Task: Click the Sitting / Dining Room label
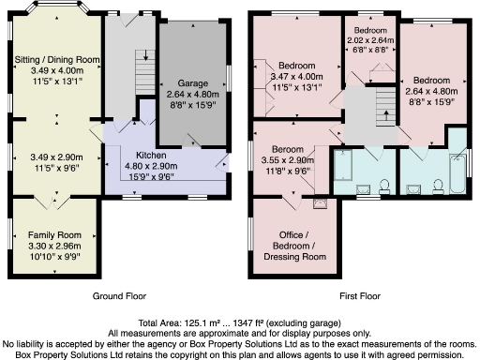(58, 59)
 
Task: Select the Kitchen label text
(152, 153)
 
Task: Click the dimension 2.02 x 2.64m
(370, 40)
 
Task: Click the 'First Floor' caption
(358, 295)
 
